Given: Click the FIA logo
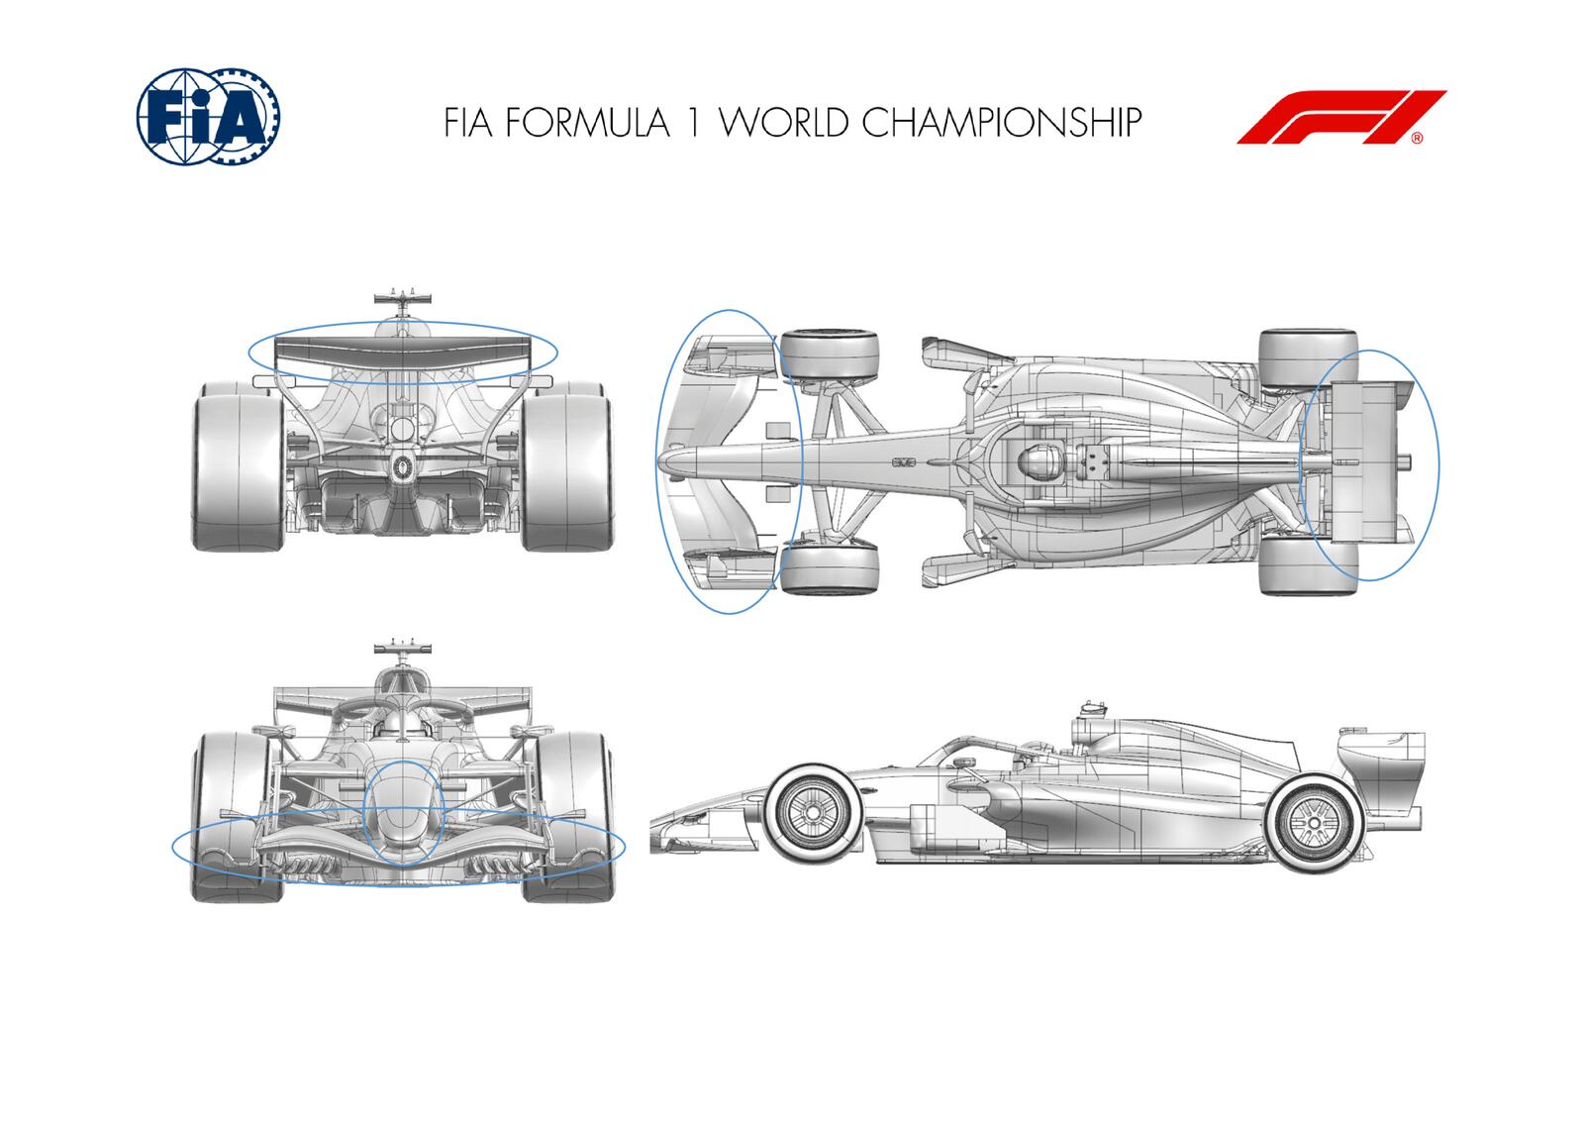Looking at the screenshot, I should pyautogui.click(x=207, y=116).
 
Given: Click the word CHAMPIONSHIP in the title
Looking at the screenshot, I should pyautogui.click(x=1001, y=122).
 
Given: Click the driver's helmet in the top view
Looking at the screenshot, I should pyautogui.click(x=1037, y=462).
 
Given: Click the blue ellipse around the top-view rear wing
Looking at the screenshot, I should pyautogui.click(x=1437, y=465).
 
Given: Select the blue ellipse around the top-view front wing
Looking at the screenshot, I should pyautogui.click(x=657, y=461).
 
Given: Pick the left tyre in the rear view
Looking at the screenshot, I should pyautogui.click(x=236, y=465).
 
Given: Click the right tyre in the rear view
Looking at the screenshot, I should pyautogui.click(x=564, y=465).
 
